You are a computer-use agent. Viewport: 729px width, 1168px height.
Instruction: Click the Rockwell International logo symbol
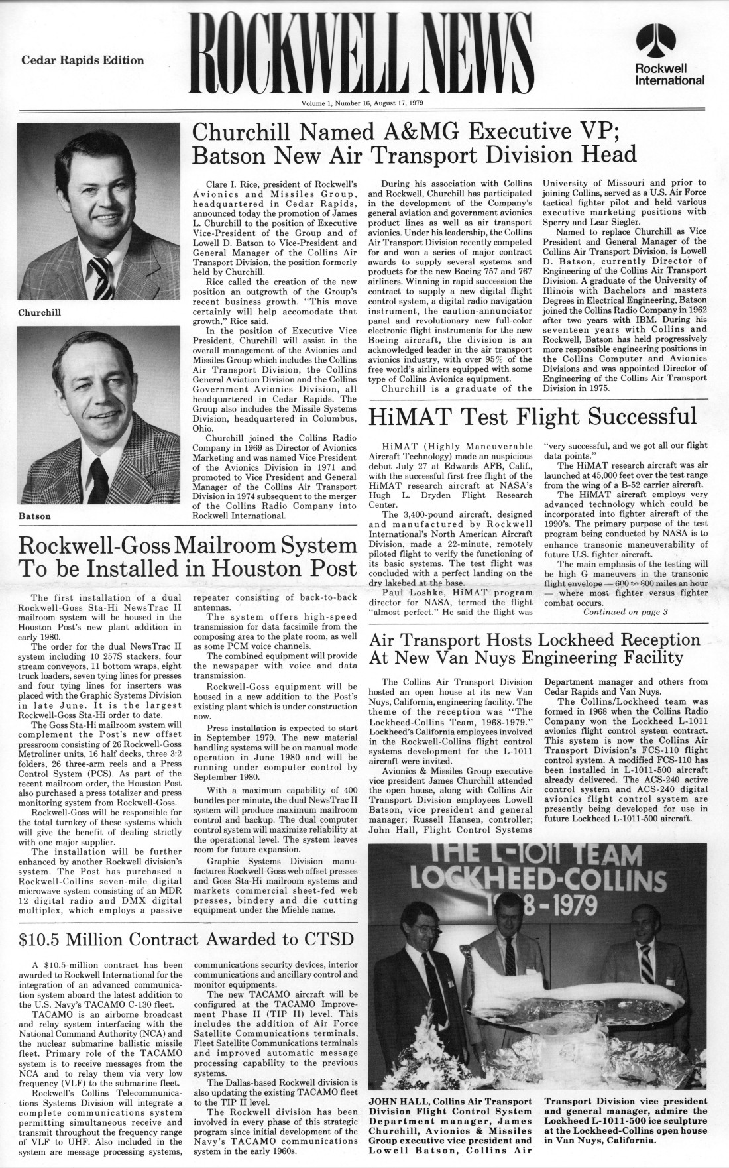click(x=669, y=42)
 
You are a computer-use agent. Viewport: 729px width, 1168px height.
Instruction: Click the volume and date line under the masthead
click(x=363, y=103)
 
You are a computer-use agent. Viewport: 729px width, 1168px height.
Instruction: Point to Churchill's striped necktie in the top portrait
click(x=103, y=274)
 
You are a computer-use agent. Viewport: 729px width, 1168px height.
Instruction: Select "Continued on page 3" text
click(x=625, y=611)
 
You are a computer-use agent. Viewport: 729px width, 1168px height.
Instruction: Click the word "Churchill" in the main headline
click(x=250, y=131)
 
